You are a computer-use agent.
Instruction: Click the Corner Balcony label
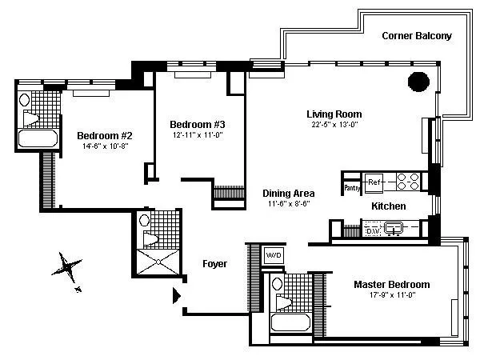[416, 36]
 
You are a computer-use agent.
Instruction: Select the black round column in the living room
[418, 81]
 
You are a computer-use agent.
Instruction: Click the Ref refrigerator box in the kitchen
[374, 183]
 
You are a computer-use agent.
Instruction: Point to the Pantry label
[351, 188]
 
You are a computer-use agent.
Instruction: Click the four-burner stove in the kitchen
[409, 182]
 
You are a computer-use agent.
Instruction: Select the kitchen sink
[394, 229]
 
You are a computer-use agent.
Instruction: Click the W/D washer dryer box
[274, 256]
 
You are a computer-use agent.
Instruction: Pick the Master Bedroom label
[391, 284]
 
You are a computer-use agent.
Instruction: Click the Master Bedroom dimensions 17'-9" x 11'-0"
[391, 295]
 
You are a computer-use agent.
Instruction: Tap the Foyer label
[214, 263]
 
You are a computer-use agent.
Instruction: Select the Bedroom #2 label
[104, 135]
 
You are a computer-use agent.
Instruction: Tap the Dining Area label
[289, 194]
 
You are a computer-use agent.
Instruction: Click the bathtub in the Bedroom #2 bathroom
[38, 137]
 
